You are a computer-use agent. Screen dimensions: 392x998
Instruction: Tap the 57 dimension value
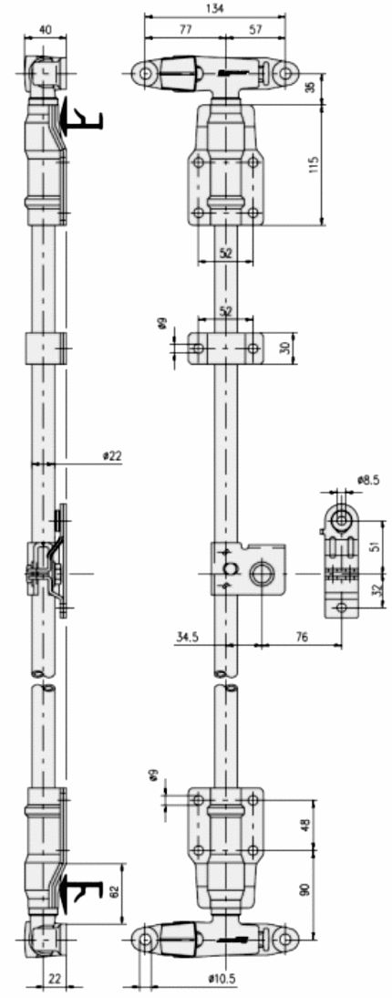tap(255, 29)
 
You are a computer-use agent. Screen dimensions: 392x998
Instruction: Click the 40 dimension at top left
tap(46, 29)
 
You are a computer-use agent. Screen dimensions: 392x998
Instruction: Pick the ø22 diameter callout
tap(112, 456)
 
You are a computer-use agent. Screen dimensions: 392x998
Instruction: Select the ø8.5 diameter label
tap(367, 480)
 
